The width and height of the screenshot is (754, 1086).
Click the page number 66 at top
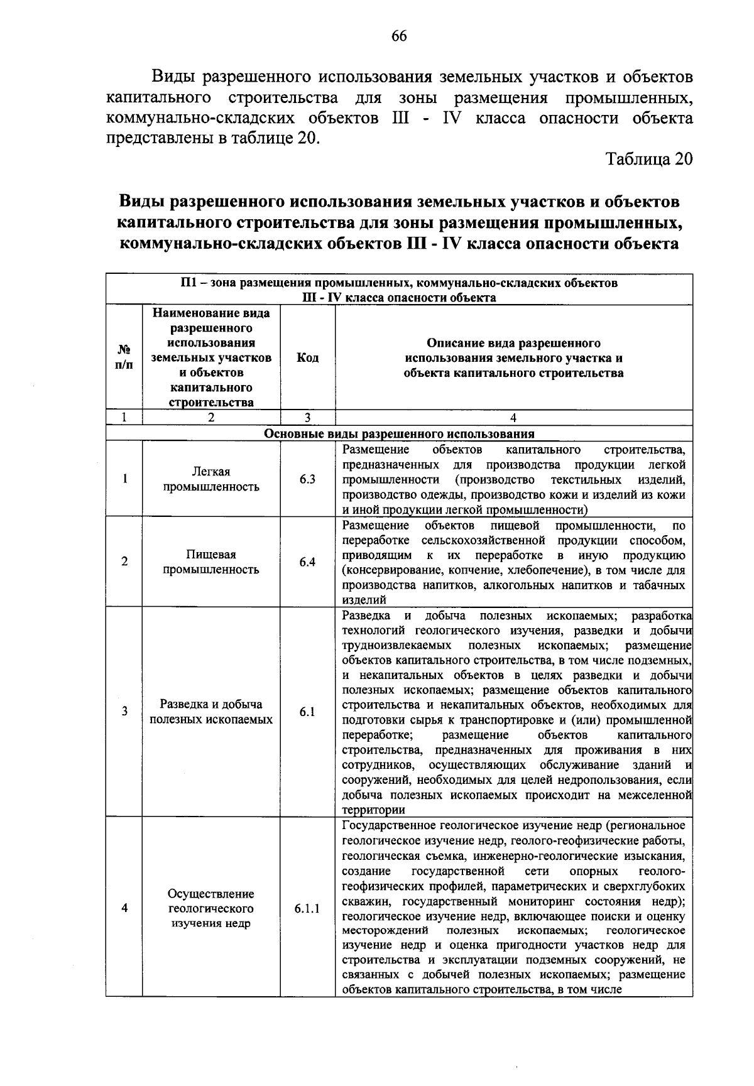coord(399,36)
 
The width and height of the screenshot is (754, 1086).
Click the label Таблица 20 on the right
coord(649,159)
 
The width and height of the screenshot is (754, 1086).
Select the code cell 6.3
coord(307,479)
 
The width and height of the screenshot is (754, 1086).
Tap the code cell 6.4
coord(307,562)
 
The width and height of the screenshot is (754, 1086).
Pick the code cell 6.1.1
coord(307,908)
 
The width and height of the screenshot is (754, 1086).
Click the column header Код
coord(307,358)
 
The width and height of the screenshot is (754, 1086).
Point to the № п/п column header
coord(124,358)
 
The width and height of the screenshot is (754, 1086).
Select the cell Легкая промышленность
coord(211,479)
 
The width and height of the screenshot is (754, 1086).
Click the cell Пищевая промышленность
coord(211,562)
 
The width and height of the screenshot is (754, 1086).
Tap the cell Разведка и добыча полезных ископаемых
coord(211,712)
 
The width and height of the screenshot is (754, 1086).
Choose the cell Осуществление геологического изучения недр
coord(211,908)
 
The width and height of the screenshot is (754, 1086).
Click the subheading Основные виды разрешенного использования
coord(399,434)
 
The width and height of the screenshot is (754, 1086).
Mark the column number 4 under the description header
coord(513,418)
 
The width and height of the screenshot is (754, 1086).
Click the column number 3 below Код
coord(307,418)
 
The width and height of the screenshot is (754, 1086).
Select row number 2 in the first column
coord(124,562)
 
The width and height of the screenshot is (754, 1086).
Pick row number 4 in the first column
coord(124,908)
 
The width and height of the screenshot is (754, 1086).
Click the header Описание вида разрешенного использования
coord(513,358)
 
